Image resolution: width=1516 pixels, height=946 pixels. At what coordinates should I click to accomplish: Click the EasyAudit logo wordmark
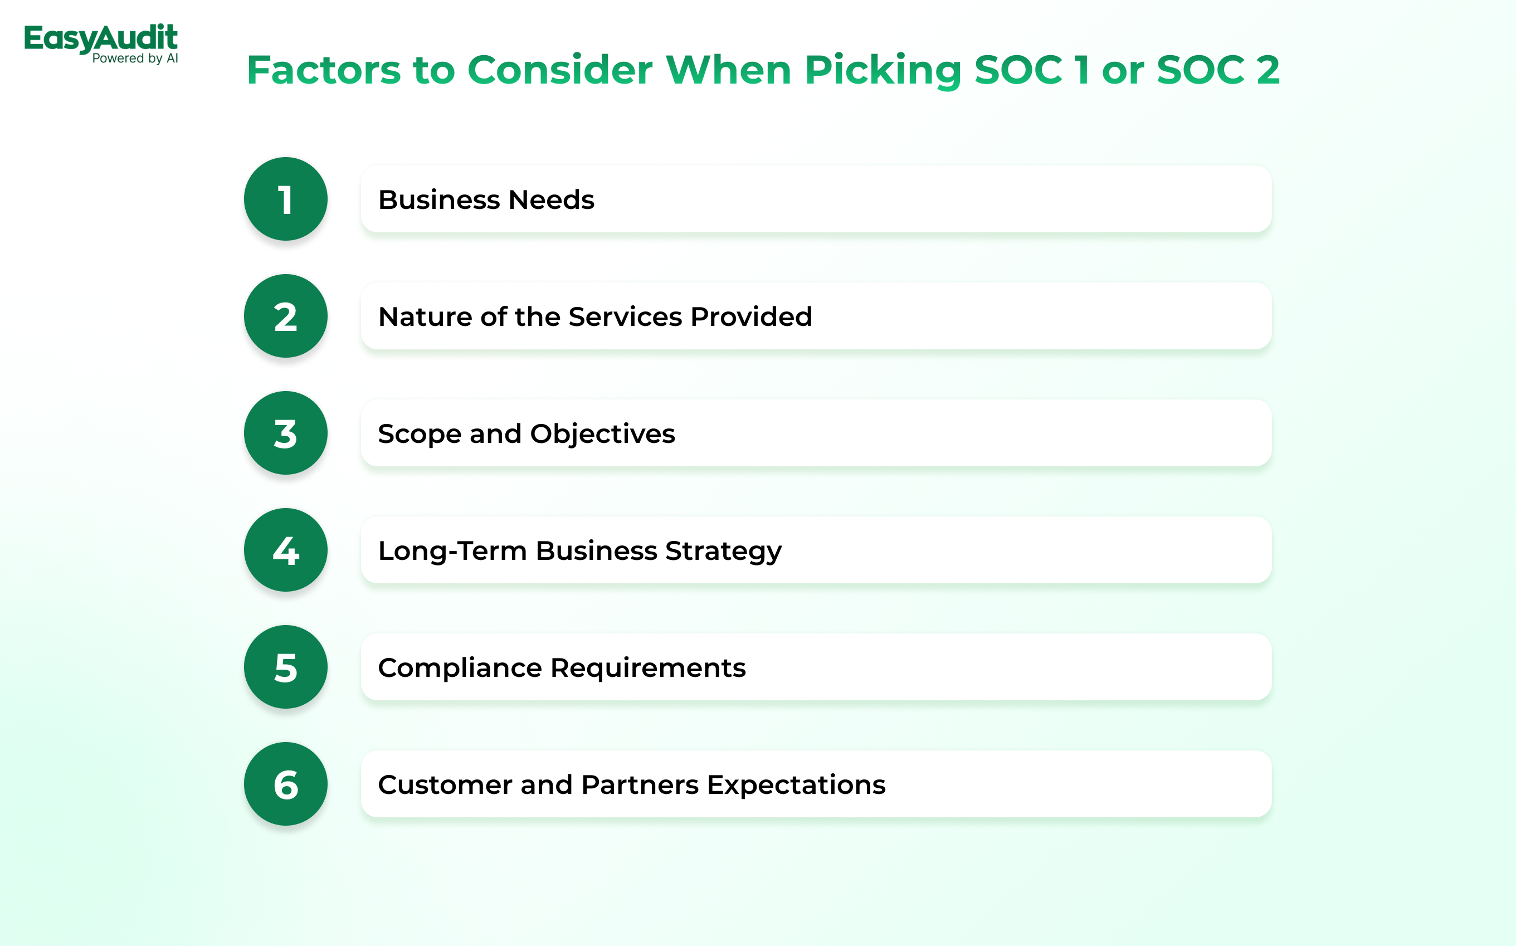coord(101,38)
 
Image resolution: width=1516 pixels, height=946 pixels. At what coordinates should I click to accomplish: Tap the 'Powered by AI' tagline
coord(135,58)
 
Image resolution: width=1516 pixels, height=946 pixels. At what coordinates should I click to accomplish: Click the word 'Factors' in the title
coord(324,70)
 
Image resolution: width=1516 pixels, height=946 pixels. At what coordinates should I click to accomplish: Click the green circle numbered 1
coord(286,199)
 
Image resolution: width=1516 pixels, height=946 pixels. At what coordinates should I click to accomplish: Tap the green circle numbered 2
coord(286,316)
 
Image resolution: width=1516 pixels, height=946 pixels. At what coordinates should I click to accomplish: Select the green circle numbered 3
coord(286,433)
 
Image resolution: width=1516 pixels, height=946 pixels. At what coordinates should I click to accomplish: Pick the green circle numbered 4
coord(286,550)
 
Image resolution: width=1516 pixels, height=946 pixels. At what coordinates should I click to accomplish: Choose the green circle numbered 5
coord(286,667)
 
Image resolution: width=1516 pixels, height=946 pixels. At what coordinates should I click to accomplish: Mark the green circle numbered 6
coord(286,784)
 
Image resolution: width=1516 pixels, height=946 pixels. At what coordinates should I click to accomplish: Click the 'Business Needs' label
coord(486,199)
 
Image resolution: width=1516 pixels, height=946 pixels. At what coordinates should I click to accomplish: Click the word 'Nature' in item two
coord(426,316)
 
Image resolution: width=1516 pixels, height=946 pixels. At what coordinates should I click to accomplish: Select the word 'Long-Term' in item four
coord(453,551)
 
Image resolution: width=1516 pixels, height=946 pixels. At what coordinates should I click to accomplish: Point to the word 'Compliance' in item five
coord(460,668)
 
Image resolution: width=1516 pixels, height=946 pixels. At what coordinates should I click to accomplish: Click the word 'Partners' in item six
coord(640,784)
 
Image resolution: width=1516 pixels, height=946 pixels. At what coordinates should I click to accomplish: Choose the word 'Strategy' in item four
coord(723,551)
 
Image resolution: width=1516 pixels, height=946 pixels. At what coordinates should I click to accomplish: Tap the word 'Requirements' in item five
coord(648,668)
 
